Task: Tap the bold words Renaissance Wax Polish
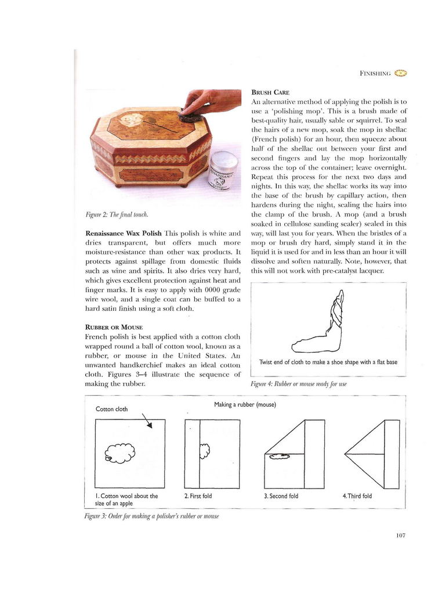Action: click(121, 232)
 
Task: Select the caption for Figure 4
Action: click(294, 384)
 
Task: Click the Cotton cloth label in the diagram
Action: click(111, 409)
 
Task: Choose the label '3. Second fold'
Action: click(281, 496)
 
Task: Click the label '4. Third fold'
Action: click(358, 496)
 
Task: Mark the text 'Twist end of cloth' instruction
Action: click(328, 363)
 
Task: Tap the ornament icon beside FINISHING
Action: click(401, 73)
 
